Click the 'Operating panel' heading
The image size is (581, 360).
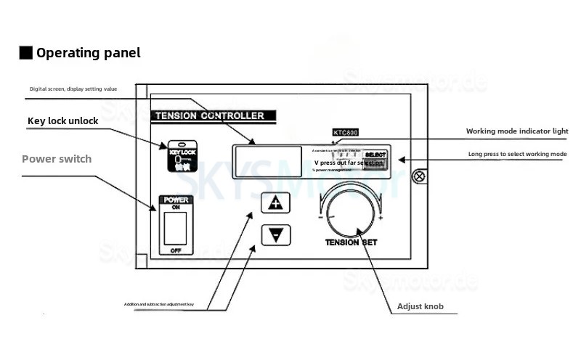(88, 53)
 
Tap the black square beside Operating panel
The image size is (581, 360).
(25, 53)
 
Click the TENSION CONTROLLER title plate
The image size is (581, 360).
(209, 115)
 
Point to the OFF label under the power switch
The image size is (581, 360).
(175, 250)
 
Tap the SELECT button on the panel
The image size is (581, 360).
(375, 155)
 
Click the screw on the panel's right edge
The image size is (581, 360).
(418, 176)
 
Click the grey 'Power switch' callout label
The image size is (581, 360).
(57, 159)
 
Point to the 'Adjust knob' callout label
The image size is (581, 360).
(420, 306)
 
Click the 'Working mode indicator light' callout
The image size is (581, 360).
(517, 131)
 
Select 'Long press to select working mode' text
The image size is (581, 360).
(517, 155)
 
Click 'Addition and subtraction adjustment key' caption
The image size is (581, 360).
(169, 303)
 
